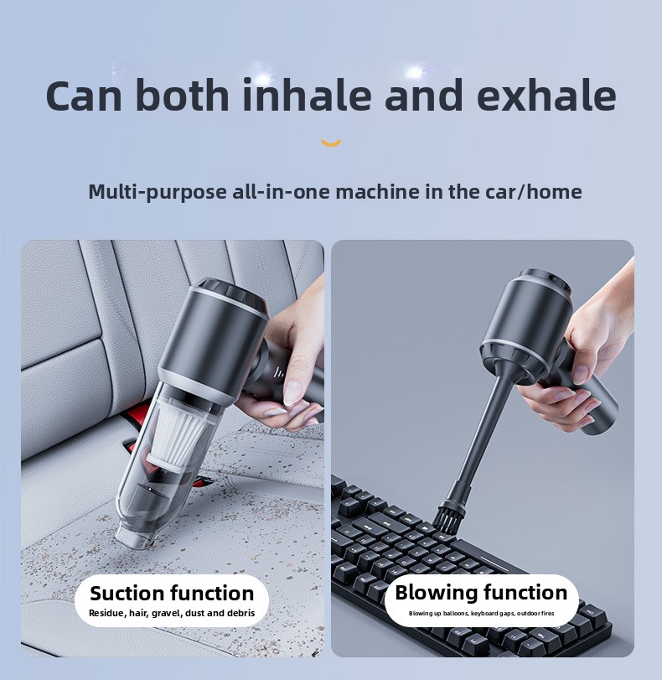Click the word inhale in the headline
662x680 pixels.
click(307, 95)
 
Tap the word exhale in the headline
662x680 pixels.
click(546, 95)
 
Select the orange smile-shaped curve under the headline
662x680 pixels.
click(331, 143)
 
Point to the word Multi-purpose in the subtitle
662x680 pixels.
click(157, 193)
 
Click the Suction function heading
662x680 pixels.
click(172, 594)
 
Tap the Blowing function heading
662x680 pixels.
click(481, 593)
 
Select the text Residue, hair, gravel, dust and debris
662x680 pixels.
click(172, 613)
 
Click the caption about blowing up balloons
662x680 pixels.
click(481, 613)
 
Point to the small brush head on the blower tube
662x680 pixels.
click(451, 515)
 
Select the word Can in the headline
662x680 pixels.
click(84, 95)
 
